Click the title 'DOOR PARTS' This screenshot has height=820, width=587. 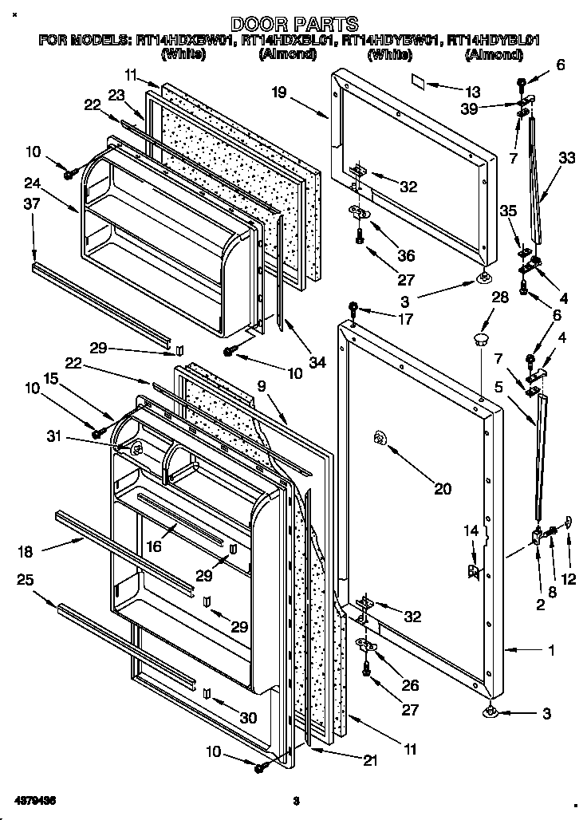(x=294, y=24)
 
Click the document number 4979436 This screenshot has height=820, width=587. (x=35, y=799)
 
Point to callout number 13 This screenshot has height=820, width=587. (x=474, y=91)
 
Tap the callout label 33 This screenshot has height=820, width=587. (x=566, y=159)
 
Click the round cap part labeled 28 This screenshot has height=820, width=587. (x=480, y=341)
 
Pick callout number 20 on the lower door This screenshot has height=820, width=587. (x=442, y=489)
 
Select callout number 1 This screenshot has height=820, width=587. (x=550, y=650)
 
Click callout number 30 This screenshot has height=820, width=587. (x=249, y=718)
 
